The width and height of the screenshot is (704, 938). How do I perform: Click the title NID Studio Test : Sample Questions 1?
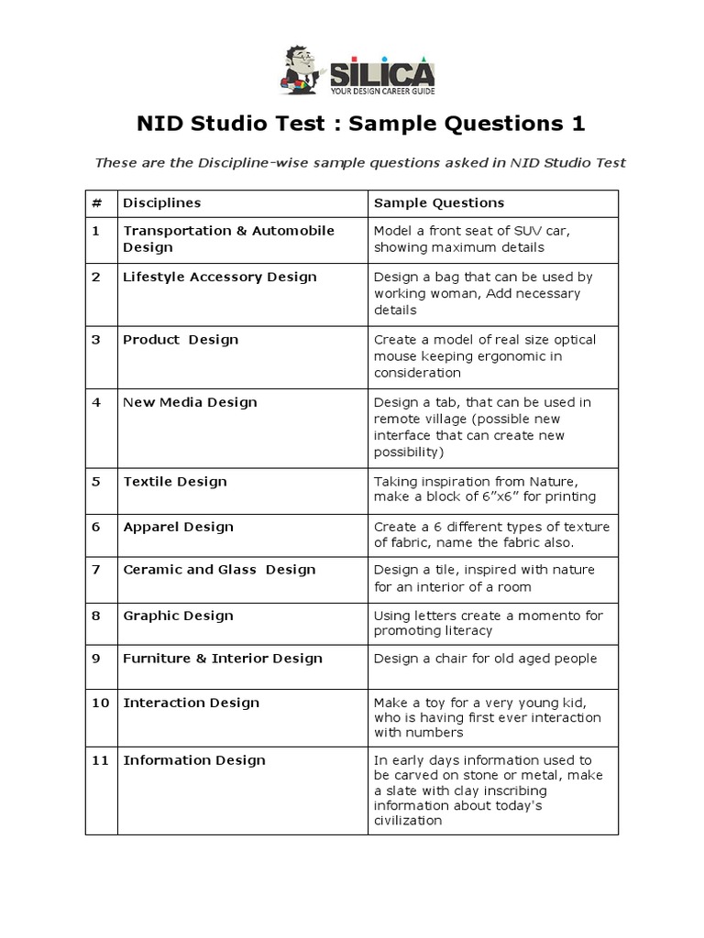click(x=360, y=124)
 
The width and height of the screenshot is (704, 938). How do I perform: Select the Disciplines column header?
click(x=162, y=202)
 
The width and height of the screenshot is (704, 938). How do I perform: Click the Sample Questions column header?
click(x=439, y=202)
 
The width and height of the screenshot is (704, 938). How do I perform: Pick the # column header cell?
click(x=95, y=202)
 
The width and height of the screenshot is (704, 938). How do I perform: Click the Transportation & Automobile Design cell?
click(x=228, y=238)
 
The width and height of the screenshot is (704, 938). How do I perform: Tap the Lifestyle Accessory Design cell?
click(x=220, y=277)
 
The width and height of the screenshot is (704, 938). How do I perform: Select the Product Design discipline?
click(x=181, y=339)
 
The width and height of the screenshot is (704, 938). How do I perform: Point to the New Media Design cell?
click(x=190, y=401)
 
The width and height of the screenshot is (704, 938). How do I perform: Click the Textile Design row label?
click(x=175, y=481)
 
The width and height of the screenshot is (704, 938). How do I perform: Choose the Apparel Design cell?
click(x=178, y=527)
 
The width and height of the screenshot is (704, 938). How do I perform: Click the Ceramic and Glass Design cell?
click(x=218, y=569)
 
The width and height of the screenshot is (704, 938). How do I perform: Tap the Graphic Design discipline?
click(x=178, y=616)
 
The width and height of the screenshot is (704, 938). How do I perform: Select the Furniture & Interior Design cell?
click(x=223, y=658)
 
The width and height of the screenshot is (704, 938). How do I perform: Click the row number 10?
click(x=101, y=703)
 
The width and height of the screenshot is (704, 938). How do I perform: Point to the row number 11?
click(x=101, y=759)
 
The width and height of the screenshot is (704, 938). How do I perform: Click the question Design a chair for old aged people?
click(x=485, y=658)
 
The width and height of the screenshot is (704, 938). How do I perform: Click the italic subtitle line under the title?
click(x=360, y=162)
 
